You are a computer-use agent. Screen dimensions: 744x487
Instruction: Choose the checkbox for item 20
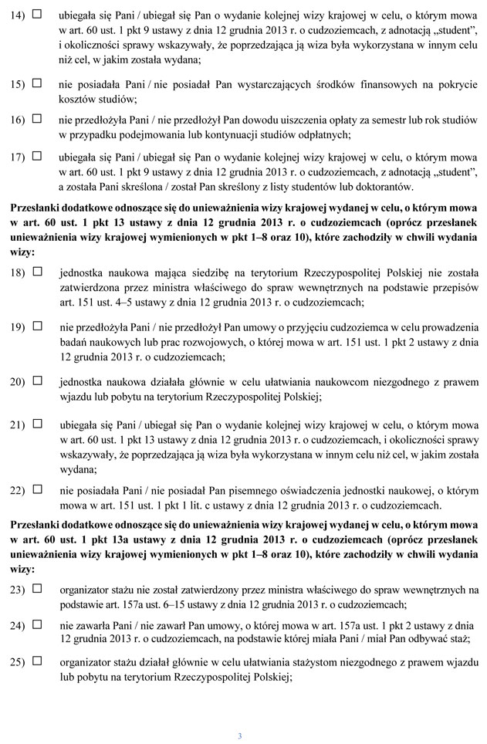[37, 380]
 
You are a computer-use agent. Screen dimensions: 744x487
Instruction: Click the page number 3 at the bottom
[240, 736]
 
